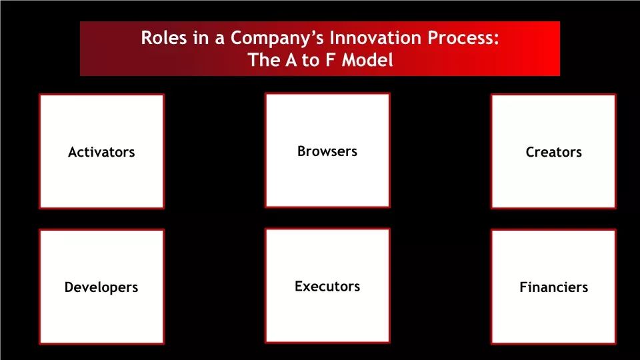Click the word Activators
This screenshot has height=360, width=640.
pyautogui.click(x=101, y=152)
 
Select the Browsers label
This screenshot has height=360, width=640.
pyautogui.click(x=327, y=151)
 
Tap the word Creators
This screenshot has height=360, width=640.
pyautogui.click(x=553, y=152)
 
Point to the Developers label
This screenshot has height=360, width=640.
pyautogui.click(x=101, y=287)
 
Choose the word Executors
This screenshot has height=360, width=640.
pyautogui.click(x=327, y=286)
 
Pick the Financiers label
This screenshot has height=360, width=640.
pyautogui.click(x=553, y=287)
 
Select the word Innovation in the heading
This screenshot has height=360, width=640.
pyautogui.click(x=375, y=37)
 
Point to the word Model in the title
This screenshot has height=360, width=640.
pyautogui.click(x=367, y=59)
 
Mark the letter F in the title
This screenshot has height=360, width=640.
pyautogui.click(x=330, y=59)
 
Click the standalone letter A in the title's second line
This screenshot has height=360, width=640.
pyautogui.click(x=291, y=59)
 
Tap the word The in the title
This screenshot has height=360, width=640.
pyautogui.click(x=264, y=59)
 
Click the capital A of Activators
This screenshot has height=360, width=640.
pyautogui.click(x=73, y=152)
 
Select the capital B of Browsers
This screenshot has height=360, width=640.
pyautogui.click(x=301, y=151)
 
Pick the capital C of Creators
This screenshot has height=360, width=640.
pyautogui.click(x=530, y=152)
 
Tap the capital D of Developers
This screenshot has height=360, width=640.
pyautogui.click(x=69, y=287)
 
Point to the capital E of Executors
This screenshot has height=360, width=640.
pyautogui.click(x=299, y=286)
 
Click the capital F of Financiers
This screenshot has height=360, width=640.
pyautogui.click(x=524, y=287)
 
